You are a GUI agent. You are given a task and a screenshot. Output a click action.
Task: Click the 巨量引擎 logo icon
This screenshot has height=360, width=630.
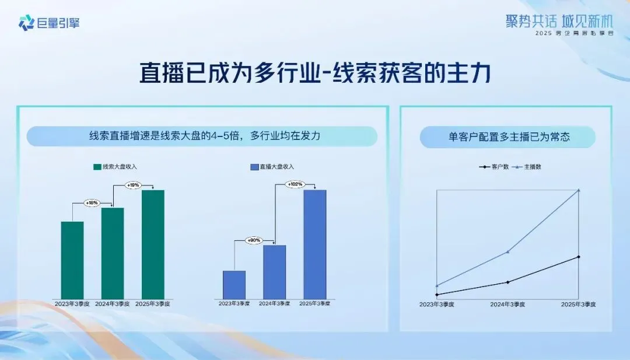26,23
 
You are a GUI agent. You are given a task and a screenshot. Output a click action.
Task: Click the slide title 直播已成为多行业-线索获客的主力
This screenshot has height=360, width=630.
315,74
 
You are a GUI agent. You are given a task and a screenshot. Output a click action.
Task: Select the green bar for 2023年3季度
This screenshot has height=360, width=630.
72,260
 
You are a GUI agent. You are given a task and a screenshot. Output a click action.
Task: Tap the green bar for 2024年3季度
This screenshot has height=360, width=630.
113,253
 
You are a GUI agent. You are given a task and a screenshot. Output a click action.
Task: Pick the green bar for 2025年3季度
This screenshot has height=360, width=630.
153,244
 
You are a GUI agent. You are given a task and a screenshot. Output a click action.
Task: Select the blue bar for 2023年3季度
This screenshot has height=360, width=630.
234,285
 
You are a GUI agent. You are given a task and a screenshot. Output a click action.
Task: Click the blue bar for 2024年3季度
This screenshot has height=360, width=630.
274,272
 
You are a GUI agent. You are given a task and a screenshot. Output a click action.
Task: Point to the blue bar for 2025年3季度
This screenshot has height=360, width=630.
314,244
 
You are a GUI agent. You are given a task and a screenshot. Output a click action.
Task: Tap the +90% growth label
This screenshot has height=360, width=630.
254,240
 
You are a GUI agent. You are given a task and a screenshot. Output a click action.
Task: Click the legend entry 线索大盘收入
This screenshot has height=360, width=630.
115,167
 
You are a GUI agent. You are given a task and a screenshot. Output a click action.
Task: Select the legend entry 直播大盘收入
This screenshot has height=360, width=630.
272,167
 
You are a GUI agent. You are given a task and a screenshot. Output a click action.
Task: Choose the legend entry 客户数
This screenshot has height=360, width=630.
494,167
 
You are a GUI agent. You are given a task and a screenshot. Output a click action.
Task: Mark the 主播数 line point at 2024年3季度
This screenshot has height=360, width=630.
508,251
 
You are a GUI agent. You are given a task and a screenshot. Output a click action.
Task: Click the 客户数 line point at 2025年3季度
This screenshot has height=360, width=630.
578,257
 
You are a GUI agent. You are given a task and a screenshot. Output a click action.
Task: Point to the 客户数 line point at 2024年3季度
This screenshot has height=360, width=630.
508,282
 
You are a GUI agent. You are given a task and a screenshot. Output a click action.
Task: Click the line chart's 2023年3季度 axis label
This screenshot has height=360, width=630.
437,305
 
